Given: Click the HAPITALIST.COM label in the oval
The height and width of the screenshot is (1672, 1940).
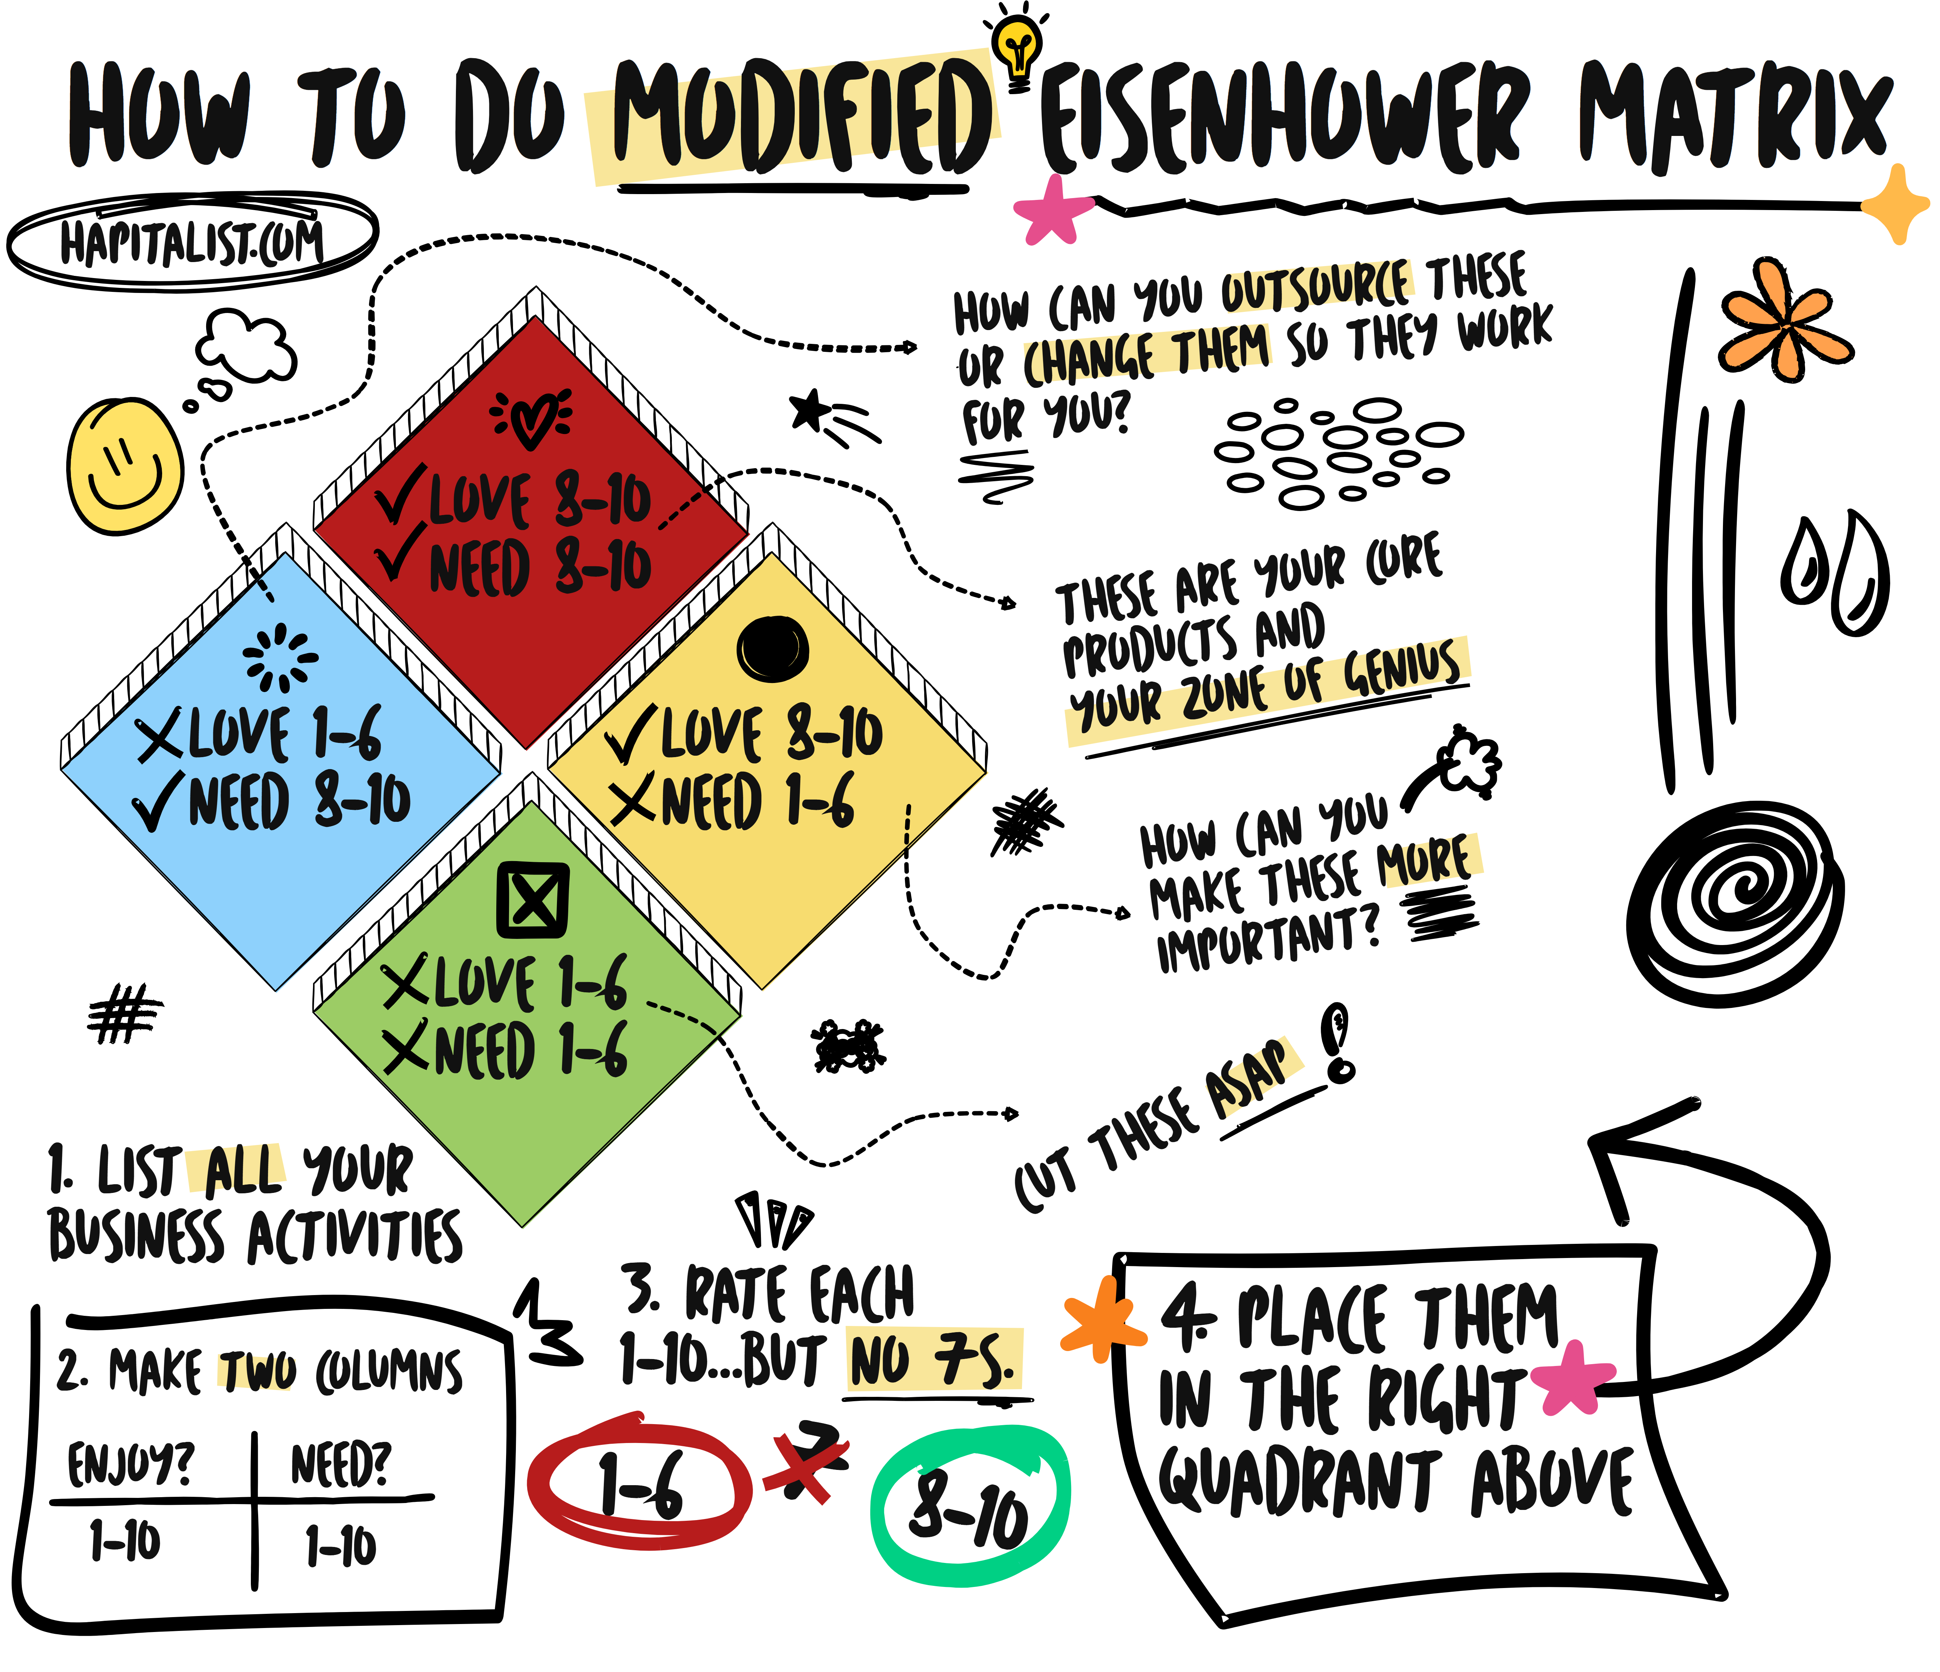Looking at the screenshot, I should [x=192, y=242].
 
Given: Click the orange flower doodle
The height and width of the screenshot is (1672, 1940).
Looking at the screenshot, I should [x=1784, y=323].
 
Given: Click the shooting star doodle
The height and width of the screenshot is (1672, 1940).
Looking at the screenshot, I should [x=829, y=417].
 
